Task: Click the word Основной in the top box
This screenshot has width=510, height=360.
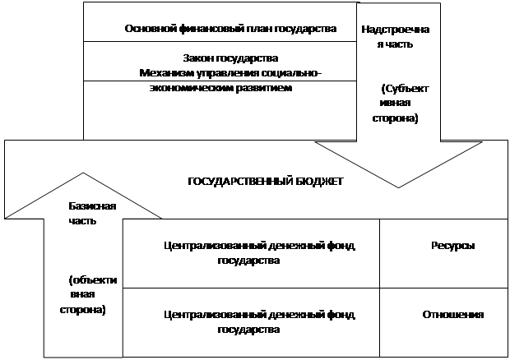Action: pos(151,29)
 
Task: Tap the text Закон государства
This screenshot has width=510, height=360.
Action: pos(230,58)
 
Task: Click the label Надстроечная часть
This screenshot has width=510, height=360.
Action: pos(395,37)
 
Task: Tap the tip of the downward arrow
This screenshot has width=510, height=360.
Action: pos(398,187)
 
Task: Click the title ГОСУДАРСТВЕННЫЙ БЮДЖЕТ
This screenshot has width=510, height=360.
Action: pos(266,182)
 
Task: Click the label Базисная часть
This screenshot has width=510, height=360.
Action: pos(92,214)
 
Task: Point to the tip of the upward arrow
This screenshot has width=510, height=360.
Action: pos(83,173)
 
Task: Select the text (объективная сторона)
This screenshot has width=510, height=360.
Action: pos(88,295)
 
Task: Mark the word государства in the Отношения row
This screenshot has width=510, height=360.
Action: pos(248,330)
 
